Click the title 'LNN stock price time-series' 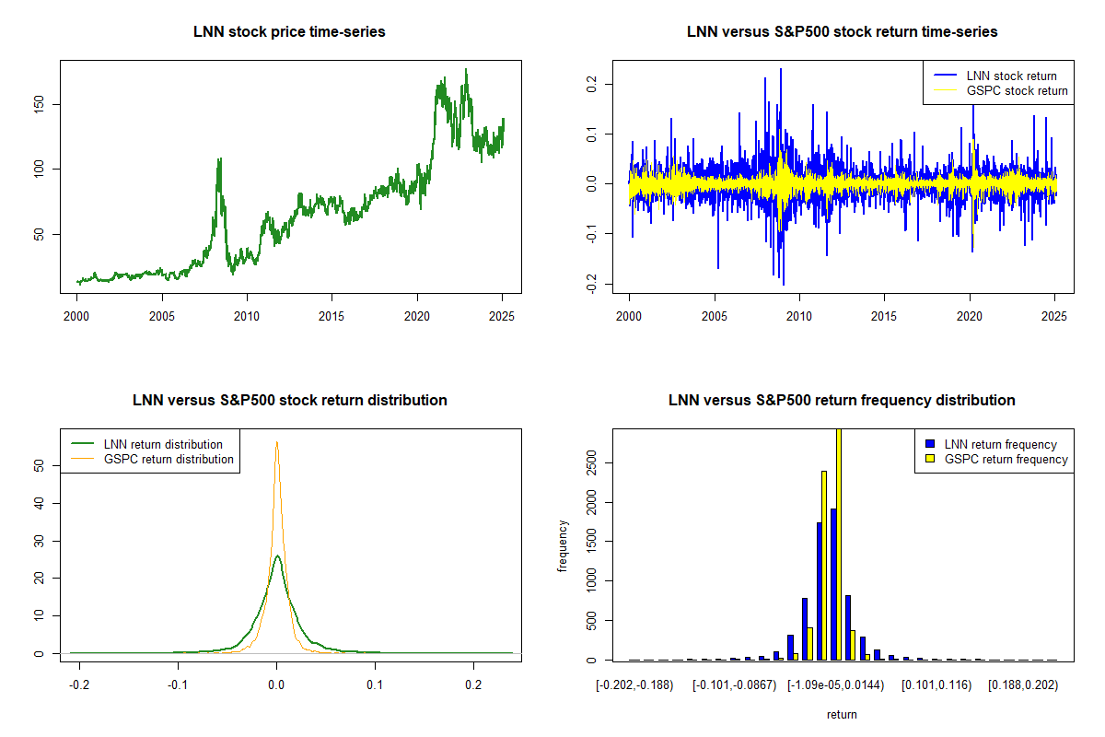coord(289,31)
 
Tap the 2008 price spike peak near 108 coord(219,159)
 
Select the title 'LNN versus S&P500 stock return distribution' coord(289,400)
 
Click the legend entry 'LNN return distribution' coord(163,444)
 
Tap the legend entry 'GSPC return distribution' coord(169,459)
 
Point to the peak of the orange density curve coord(276,442)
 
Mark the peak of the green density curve coord(277,556)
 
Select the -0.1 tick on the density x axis coord(178,686)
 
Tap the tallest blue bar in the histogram coord(832,584)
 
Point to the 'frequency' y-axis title coord(563,545)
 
